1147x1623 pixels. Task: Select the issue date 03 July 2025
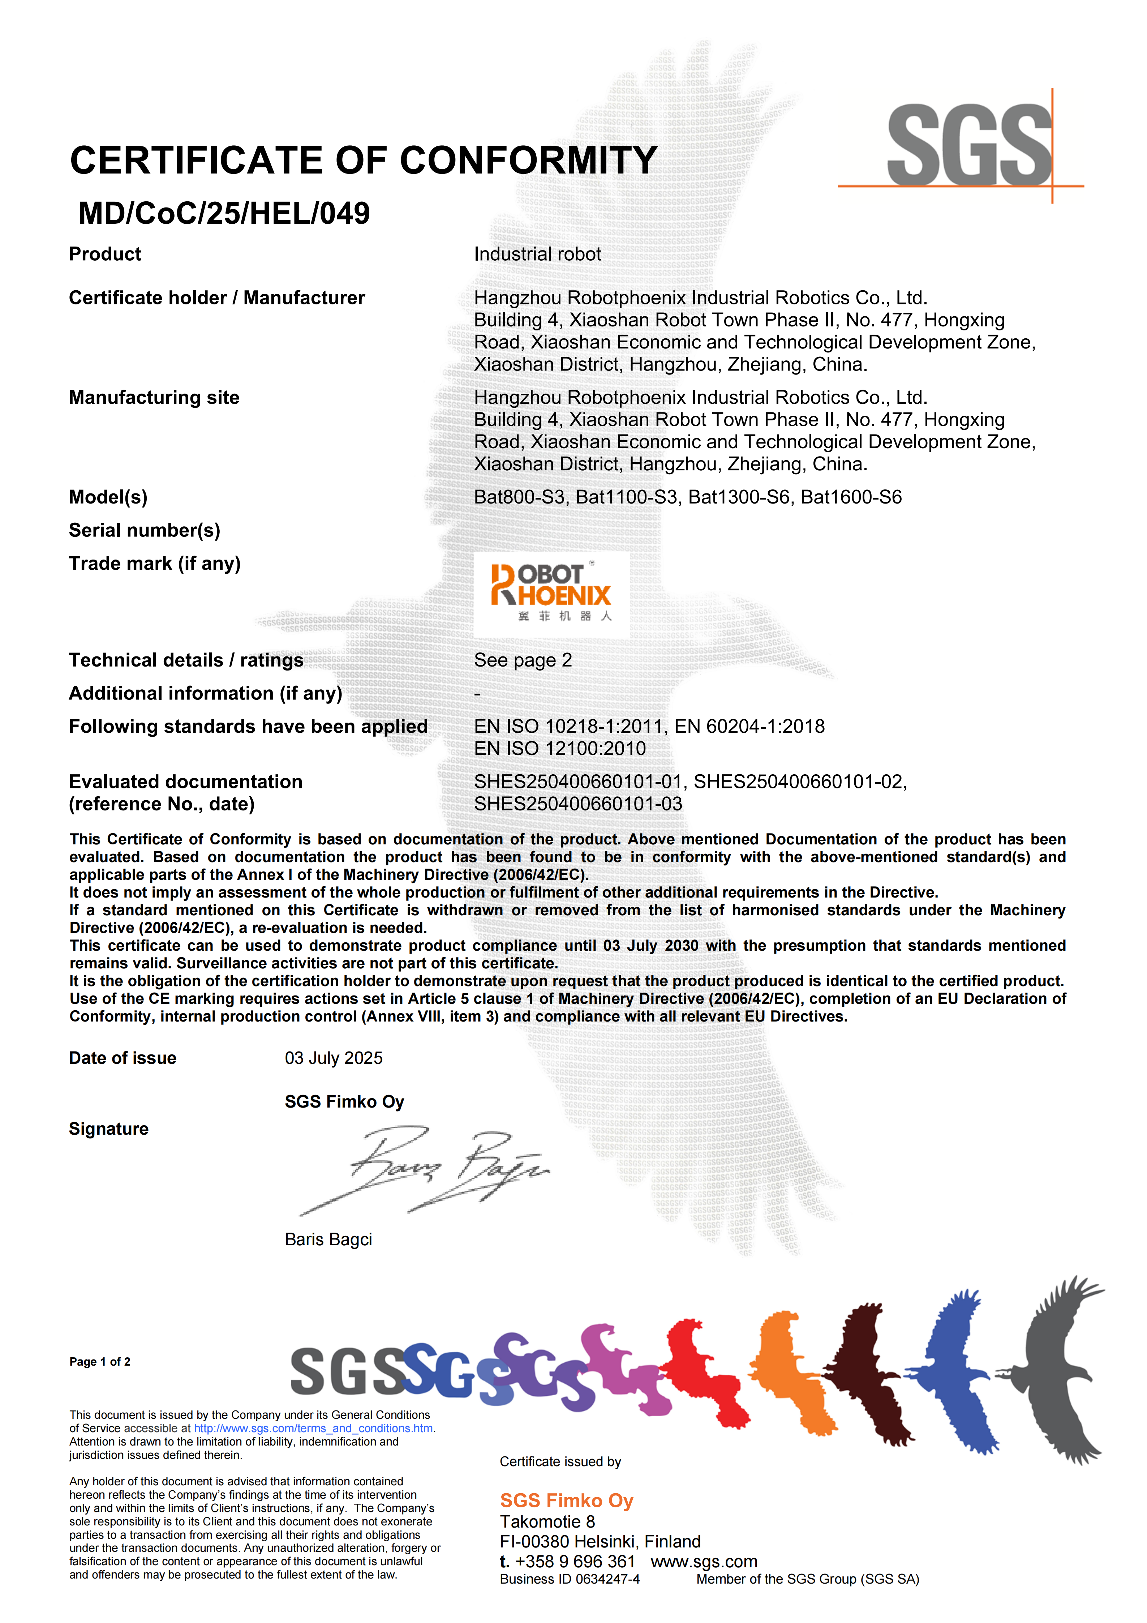(x=334, y=1058)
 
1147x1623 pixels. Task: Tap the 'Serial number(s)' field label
(x=144, y=530)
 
